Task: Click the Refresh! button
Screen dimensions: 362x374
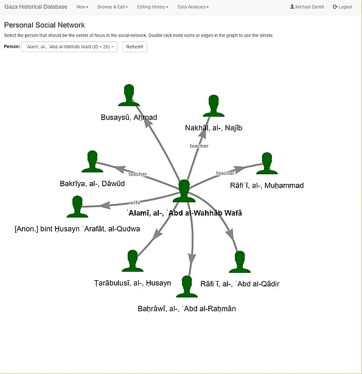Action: (x=134, y=47)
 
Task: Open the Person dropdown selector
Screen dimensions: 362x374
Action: (x=69, y=47)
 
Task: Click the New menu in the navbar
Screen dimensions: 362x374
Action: (x=82, y=7)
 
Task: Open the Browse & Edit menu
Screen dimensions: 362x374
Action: (x=113, y=7)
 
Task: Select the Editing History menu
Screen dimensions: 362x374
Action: (x=153, y=7)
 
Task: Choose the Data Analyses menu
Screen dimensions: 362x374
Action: (x=193, y=7)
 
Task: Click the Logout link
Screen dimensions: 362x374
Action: (x=343, y=7)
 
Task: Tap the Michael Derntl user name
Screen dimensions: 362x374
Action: (x=307, y=7)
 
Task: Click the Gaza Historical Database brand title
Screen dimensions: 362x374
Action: (x=36, y=7)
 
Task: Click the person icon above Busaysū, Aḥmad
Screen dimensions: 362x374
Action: (x=129, y=95)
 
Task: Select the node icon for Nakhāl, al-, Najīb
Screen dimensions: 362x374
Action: (x=214, y=106)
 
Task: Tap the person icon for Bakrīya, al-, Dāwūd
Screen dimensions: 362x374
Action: (x=92, y=161)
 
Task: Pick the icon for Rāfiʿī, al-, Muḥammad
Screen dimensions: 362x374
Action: (x=267, y=163)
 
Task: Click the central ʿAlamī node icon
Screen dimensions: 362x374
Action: (x=184, y=191)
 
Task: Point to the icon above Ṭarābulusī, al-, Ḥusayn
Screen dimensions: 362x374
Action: (x=133, y=261)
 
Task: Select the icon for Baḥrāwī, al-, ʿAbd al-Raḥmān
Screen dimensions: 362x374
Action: (x=187, y=287)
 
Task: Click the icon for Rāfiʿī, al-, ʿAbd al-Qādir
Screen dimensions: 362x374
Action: (x=240, y=262)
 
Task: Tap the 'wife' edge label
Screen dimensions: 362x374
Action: (x=135, y=202)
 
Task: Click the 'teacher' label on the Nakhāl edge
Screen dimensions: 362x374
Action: (x=199, y=146)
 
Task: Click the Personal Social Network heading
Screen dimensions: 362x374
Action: (x=44, y=25)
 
